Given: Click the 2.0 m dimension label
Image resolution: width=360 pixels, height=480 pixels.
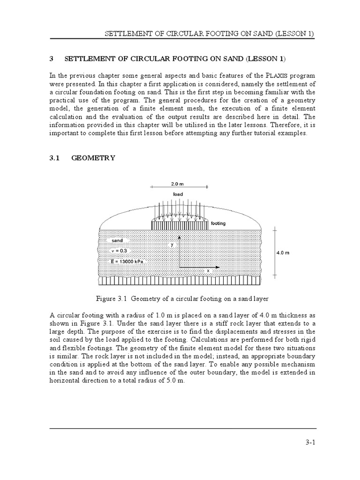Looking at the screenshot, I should [178, 184].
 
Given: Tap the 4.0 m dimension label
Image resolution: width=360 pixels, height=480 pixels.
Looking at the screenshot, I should [283, 253].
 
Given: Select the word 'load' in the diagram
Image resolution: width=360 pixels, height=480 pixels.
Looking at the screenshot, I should [178, 194].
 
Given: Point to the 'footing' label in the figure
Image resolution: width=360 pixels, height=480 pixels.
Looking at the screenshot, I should [218, 224].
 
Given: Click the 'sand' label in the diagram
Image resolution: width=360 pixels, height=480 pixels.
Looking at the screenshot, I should [117, 240].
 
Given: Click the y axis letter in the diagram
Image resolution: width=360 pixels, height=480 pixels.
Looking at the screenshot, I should [172, 244].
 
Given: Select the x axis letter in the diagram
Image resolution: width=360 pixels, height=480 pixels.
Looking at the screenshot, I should [208, 271].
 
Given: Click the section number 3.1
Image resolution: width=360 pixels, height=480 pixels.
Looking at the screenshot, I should [56, 158].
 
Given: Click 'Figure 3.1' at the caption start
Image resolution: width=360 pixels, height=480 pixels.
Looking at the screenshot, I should [109, 298].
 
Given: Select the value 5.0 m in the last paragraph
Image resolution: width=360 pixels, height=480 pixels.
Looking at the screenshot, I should [174, 381].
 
